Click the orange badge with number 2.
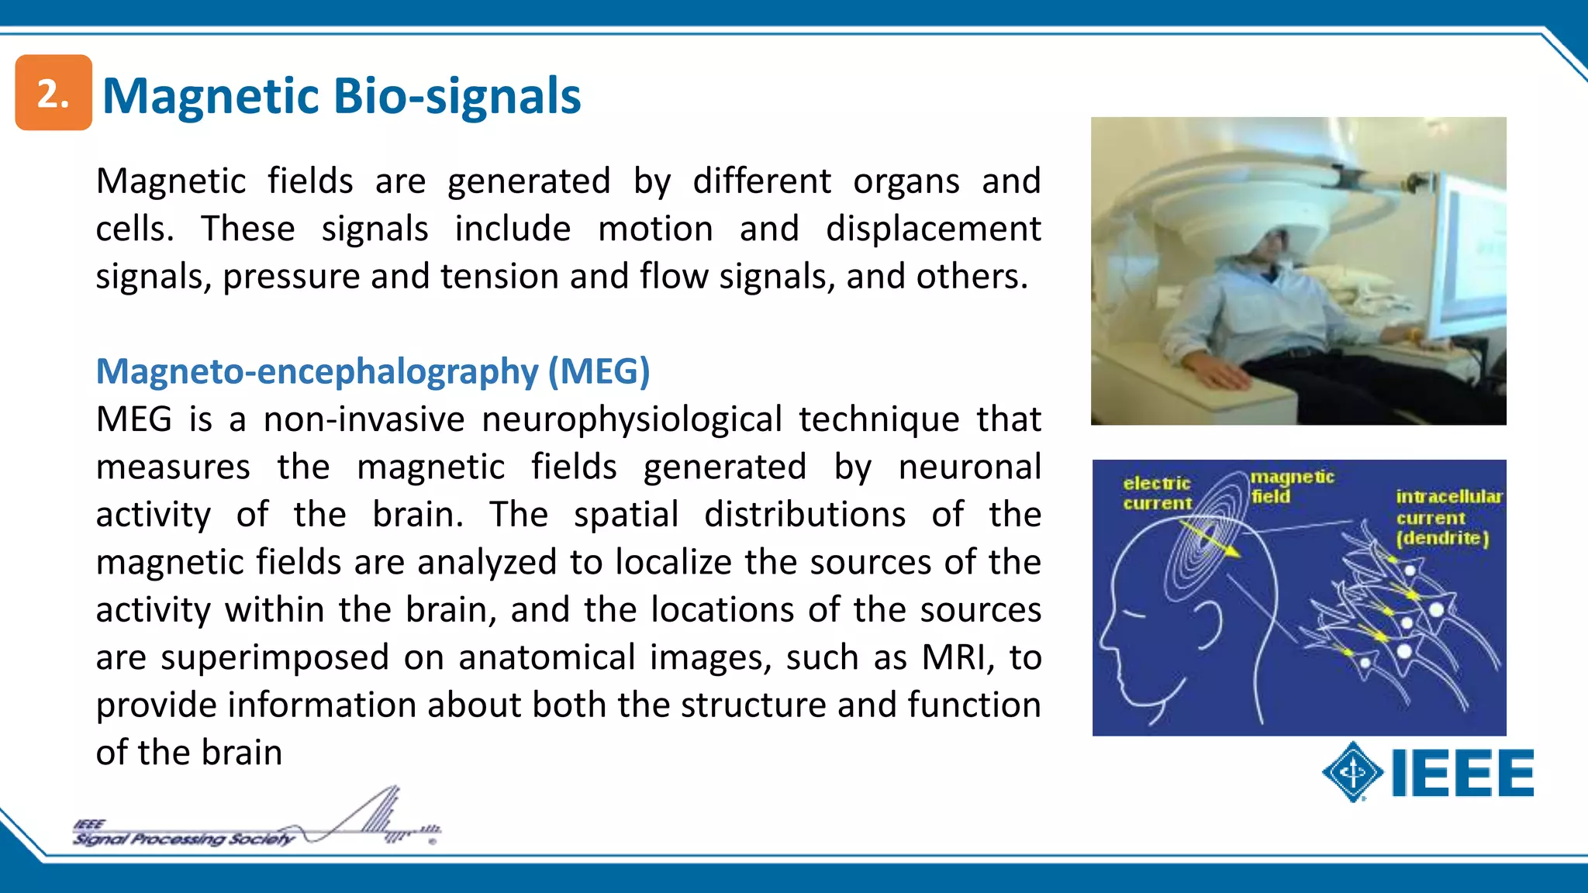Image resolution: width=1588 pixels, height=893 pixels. click(x=54, y=93)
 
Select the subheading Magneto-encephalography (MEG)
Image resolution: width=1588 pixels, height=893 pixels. click(x=372, y=371)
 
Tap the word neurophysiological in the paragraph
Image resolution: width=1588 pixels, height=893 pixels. click(x=631, y=419)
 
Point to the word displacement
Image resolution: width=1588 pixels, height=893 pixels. click(x=933, y=229)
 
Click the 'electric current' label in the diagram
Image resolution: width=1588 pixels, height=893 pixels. click(x=1157, y=493)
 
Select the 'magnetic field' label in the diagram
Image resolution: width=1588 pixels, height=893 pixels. click(x=1290, y=486)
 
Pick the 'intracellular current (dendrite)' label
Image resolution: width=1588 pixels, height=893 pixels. click(x=1447, y=517)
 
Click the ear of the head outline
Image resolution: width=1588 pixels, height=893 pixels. click(x=1210, y=625)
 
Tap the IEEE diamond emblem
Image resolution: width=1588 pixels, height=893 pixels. click(x=1353, y=772)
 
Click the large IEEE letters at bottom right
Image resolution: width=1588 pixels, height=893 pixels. click(x=1462, y=773)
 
